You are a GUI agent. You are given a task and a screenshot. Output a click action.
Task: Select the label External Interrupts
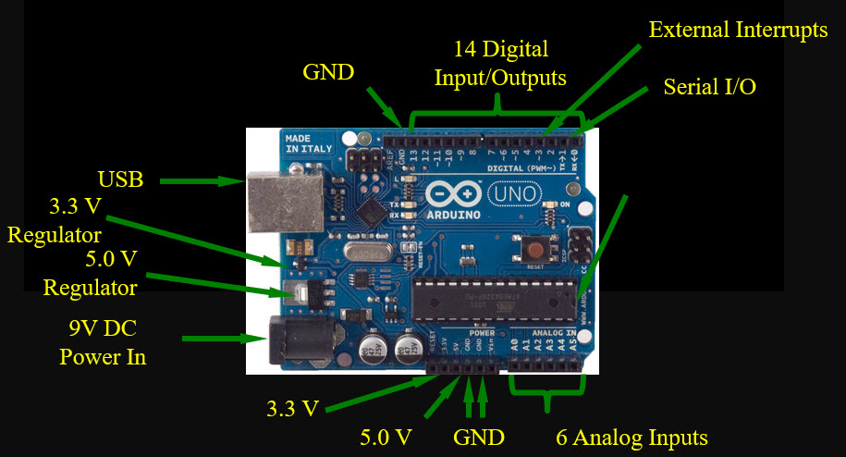pyautogui.click(x=738, y=30)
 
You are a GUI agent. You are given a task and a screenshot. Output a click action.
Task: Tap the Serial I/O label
pyautogui.click(x=710, y=87)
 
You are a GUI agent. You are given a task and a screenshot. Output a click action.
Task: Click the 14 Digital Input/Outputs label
pyautogui.click(x=501, y=62)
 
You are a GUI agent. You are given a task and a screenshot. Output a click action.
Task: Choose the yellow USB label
pyautogui.click(x=121, y=179)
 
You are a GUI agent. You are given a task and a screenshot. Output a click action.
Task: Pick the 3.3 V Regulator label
pyautogui.click(x=54, y=219)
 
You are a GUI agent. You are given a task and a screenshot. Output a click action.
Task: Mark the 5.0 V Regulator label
pyautogui.click(x=91, y=272)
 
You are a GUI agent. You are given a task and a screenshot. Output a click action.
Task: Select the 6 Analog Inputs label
pyautogui.click(x=632, y=437)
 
